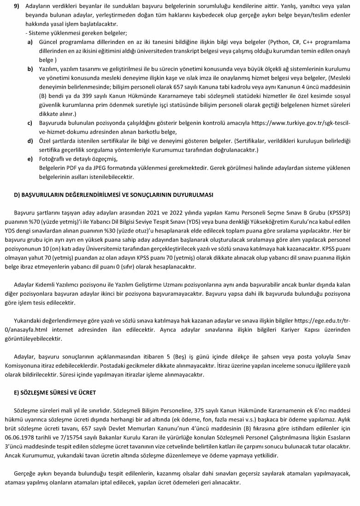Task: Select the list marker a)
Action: (x=30, y=42)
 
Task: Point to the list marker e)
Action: (x=30, y=159)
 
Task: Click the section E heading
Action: (x=55, y=392)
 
